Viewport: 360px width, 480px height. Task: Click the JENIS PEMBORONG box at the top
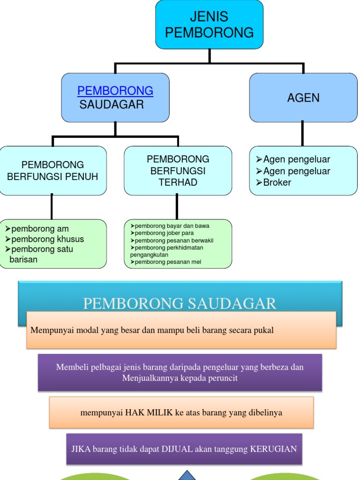pyautogui.click(x=209, y=24)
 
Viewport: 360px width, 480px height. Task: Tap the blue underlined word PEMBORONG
pyautogui.click(x=115, y=90)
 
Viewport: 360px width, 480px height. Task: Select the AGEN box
pyautogui.click(x=303, y=97)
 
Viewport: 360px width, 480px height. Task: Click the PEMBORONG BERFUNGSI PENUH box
pyautogui.click(x=52, y=171)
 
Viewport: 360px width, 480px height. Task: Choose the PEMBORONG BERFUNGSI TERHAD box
pyautogui.click(x=178, y=171)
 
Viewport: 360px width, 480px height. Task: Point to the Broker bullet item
pyautogui.click(x=277, y=182)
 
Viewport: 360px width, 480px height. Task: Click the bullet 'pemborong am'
pyautogui.click(x=39, y=229)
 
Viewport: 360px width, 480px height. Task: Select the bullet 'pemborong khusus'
pyautogui.click(x=47, y=239)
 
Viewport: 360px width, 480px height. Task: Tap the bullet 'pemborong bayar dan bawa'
pyautogui.click(x=172, y=226)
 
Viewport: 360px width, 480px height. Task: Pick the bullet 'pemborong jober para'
pyautogui.click(x=164, y=233)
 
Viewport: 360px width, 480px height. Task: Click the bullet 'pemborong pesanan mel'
pyautogui.click(x=167, y=262)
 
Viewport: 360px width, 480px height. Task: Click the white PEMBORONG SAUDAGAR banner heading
pyautogui.click(x=180, y=304)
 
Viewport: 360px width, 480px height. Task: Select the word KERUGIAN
pyautogui.click(x=273, y=449)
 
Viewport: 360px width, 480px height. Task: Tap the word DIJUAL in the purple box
pyautogui.click(x=177, y=449)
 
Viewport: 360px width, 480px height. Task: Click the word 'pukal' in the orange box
pyautogui.click(x=263, y=330)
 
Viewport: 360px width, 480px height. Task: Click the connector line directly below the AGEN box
pyautogui.click(x=302, y=134)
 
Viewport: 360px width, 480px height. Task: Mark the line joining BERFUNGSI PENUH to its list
pyautogui.click(x=52, y=207)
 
